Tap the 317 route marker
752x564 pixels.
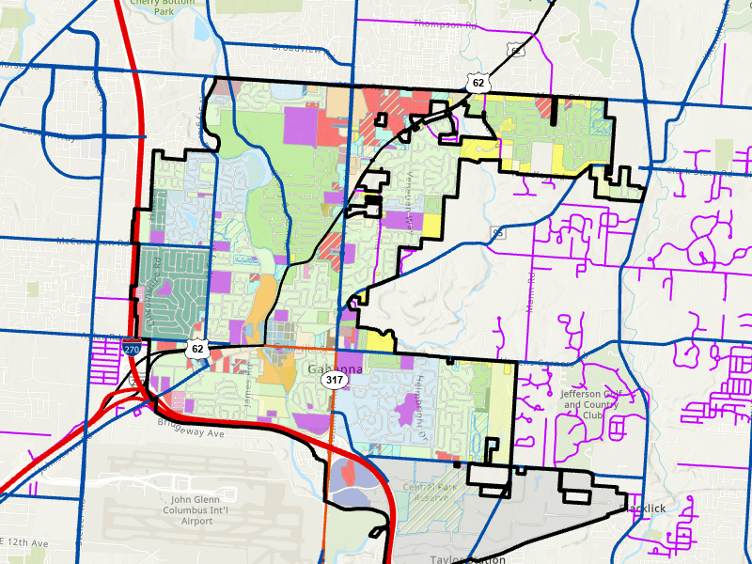[x=333, y=381]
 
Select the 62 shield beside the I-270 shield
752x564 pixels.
[x=196, y=349]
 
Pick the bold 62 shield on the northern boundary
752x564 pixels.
[x=479, y=83]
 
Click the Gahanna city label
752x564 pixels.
[x=334, y=368]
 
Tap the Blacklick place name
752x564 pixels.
[x=647, y=508]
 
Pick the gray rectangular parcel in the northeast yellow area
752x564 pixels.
[x=543, y=155]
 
